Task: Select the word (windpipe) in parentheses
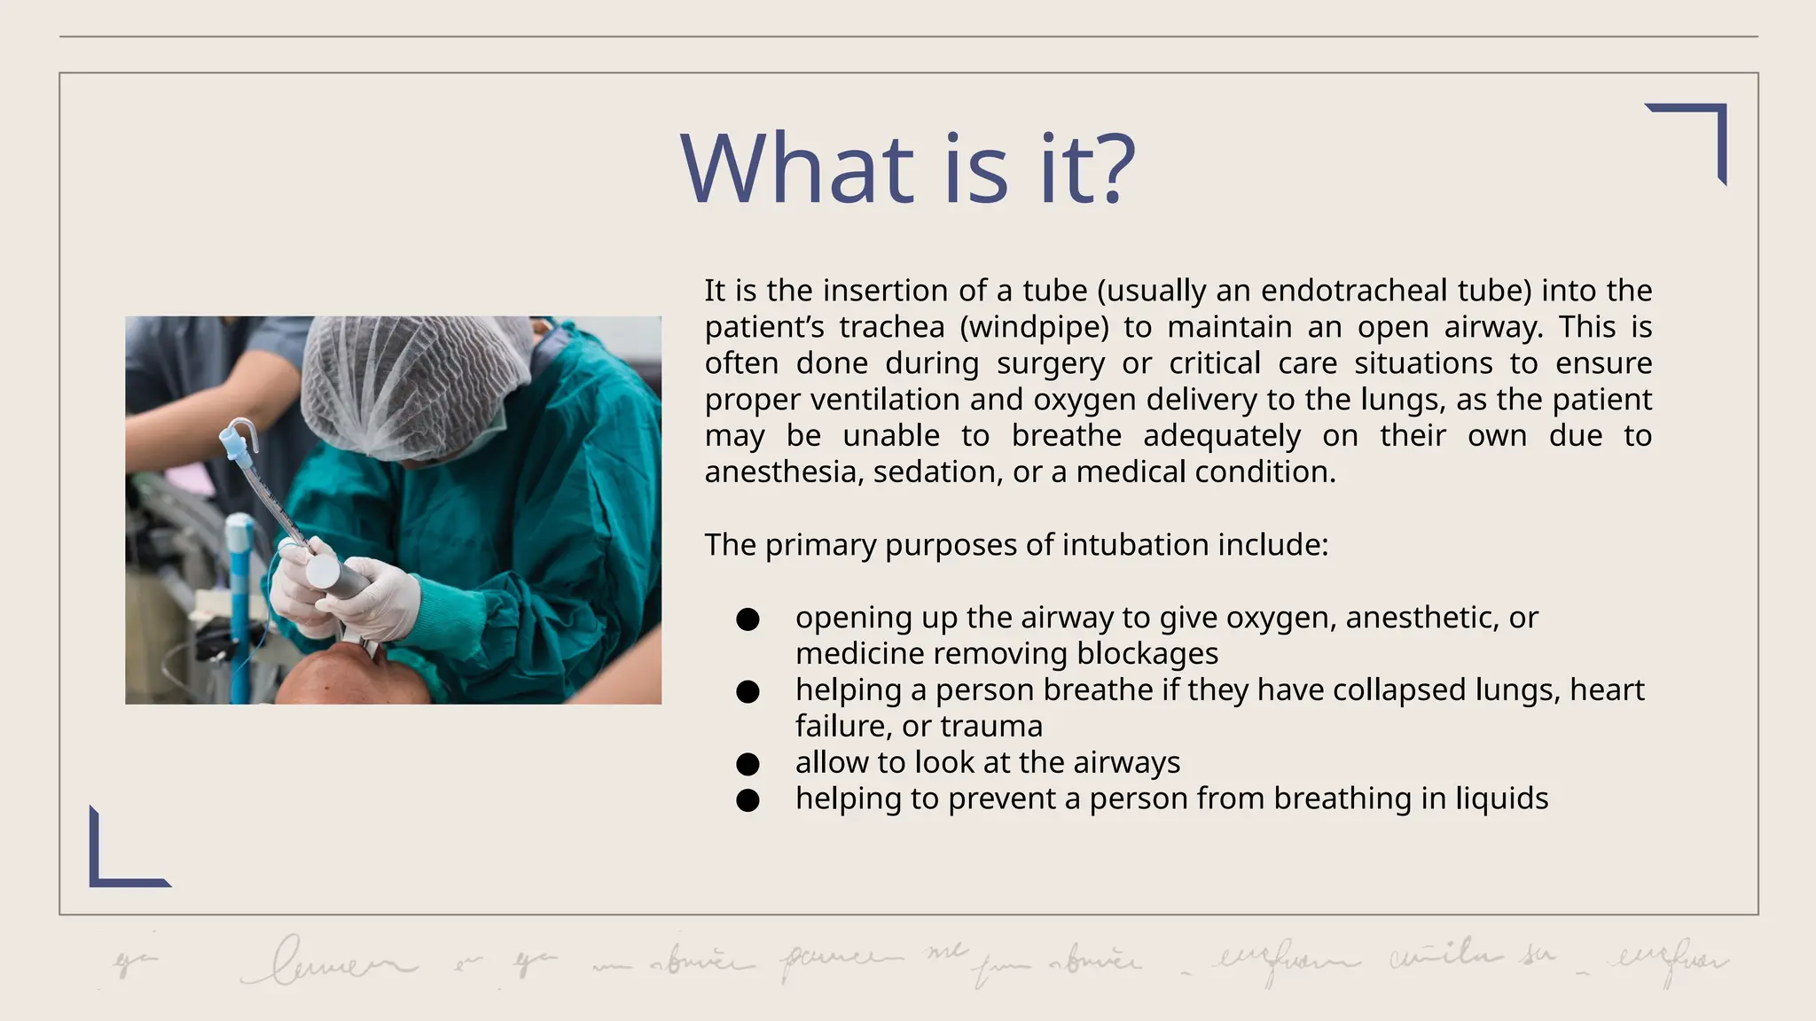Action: [1034, 327]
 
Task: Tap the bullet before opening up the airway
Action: [748, 620]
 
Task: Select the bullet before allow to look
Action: [748, 764]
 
